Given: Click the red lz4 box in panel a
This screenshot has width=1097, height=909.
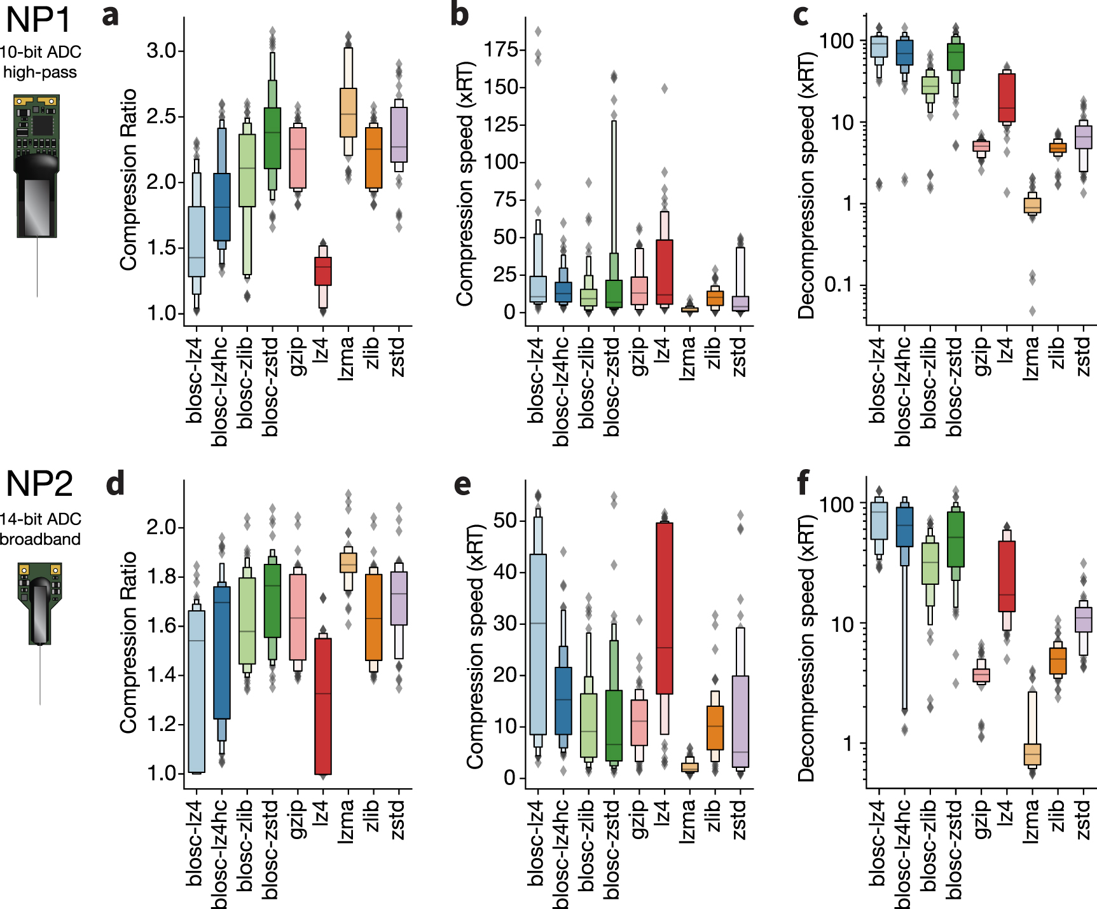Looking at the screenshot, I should click(x=323, y=271).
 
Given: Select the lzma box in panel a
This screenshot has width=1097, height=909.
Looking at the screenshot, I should click(x=348, y=113).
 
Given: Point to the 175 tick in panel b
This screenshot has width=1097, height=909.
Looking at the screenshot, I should click(x=501, y=50).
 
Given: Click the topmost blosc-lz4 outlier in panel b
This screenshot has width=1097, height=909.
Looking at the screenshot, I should click(x=538, y=31).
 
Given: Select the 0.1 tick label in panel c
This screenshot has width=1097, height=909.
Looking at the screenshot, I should click(x=839, y=284).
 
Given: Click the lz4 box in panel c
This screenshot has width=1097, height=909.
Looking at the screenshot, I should click(x=1007, y=97).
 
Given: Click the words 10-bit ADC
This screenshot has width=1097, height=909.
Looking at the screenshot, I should click(x=41, y=52).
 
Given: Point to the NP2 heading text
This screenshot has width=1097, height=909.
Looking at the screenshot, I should click(x=39, y=484).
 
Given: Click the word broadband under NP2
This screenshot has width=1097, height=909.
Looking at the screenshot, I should click(x=41, y=539).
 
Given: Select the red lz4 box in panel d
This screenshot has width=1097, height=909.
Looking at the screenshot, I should click(x=323, y=706).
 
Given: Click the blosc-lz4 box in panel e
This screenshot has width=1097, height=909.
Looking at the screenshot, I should click(x=538, y=644).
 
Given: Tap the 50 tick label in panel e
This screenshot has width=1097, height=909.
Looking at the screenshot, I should click(x=504, y=521).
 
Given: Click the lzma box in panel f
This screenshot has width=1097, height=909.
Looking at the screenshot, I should click(x=1032, y=754).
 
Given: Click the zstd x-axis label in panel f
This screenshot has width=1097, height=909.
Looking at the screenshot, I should click(x=1083, y=820).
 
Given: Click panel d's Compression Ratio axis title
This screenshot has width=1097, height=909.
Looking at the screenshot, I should click(x=128, y=642).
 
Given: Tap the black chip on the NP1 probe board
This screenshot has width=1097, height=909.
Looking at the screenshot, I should click(x=43, y=125).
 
